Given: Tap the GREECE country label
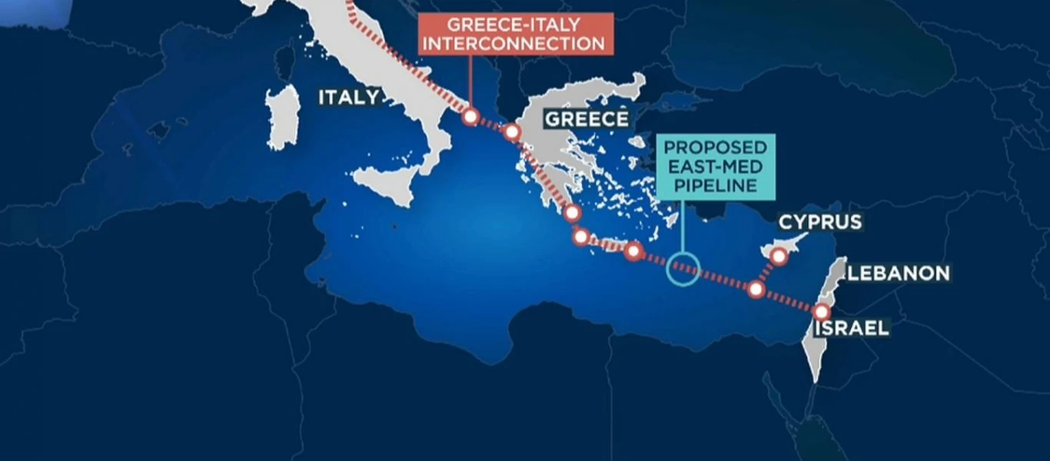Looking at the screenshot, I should pyautogui.click(x=586, y=119).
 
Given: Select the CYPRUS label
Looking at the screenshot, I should pyautogui.click(x=820, y=223).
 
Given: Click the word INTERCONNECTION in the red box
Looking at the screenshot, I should pyautogui.click(x=514, y=44).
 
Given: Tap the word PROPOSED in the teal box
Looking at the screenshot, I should pyautogui.click(x=715, y=147).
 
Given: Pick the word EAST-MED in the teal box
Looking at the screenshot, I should pyautogui.click(x=715, y=166).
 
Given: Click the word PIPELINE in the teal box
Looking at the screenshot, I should pyautogui.click(x=715, y=185).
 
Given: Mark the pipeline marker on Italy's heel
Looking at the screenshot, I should pyautogui.click(x=470, y=117).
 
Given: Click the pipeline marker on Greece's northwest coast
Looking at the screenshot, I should pyautogui.click(x=512, y=132).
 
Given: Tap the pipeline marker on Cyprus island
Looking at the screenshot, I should pyautogui.click(x=778, y=257).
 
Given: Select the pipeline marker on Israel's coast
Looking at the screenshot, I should pyautogui.click(x=822, y=312).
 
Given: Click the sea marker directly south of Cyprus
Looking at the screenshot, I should pyautogui.click(x=756, y=290).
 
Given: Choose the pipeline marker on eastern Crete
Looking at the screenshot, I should pyautogui.click(x=633, y=250).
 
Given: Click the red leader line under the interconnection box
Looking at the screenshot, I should pyautogui.click(x=470, y=81).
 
